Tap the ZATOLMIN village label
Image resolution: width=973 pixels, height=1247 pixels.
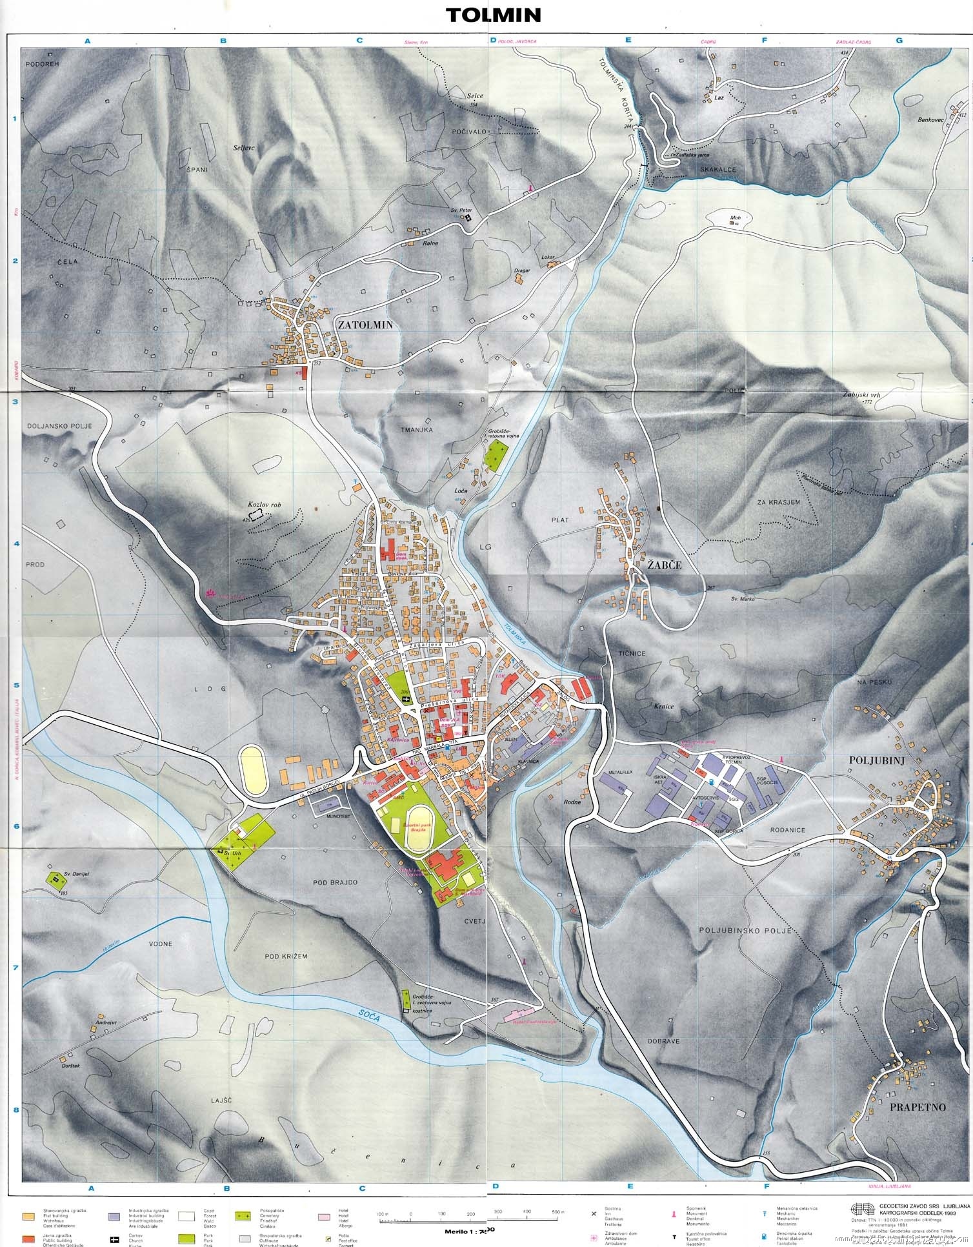[365, 325]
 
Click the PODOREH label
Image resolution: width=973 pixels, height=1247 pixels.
[43, 65]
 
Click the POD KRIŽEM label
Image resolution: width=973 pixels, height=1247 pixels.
[285, 955]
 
